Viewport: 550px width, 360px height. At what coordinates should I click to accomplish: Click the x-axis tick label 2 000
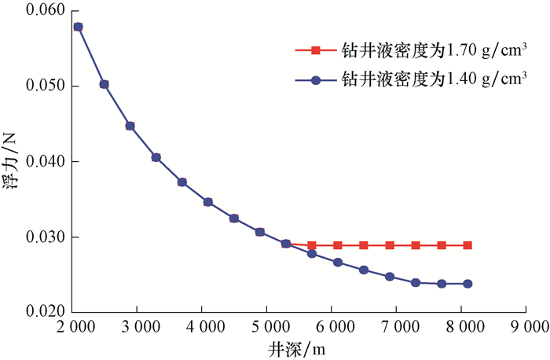[x=77, y=325]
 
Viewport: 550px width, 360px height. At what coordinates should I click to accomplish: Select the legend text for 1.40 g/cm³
[x=432, y=79]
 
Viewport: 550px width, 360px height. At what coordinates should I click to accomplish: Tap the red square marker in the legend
[x=314, y=51]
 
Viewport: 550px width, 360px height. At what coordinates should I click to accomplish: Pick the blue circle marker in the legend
[x=314, y=80]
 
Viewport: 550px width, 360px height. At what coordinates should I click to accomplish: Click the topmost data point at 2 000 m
[x=78, y=27]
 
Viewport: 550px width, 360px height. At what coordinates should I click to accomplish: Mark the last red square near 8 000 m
[x=467, y=245]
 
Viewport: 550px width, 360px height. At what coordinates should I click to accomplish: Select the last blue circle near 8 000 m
[x=467, y=284]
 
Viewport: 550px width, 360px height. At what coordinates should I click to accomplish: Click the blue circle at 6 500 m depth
[x=364, y=270]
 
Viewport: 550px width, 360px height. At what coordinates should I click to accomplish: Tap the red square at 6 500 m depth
[x=364, y=245]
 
